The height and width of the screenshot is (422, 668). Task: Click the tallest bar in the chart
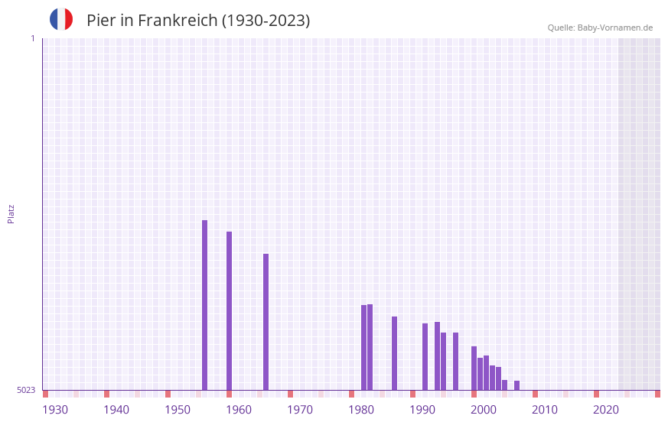coord(204,305)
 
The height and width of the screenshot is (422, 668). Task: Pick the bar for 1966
coord(266,322)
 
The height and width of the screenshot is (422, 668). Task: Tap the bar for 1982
coord(363,348)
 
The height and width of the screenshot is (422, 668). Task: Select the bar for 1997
coord(455,361)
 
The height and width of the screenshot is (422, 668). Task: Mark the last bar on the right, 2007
coord(516,385)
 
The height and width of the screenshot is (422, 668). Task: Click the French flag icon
coord(61,20)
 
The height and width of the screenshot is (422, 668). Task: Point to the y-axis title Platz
coord(11,213)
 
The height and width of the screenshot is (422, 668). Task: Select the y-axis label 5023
coord(26,390)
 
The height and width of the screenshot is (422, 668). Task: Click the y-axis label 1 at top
coord(32,38)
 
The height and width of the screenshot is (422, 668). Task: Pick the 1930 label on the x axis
coord(55,410)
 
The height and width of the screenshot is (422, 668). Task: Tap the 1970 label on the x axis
coord(300,410)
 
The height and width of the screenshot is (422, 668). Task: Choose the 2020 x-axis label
coord(606,410)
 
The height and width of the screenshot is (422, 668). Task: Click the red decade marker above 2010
coord(535,394)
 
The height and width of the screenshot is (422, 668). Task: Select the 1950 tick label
coord(178,410)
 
